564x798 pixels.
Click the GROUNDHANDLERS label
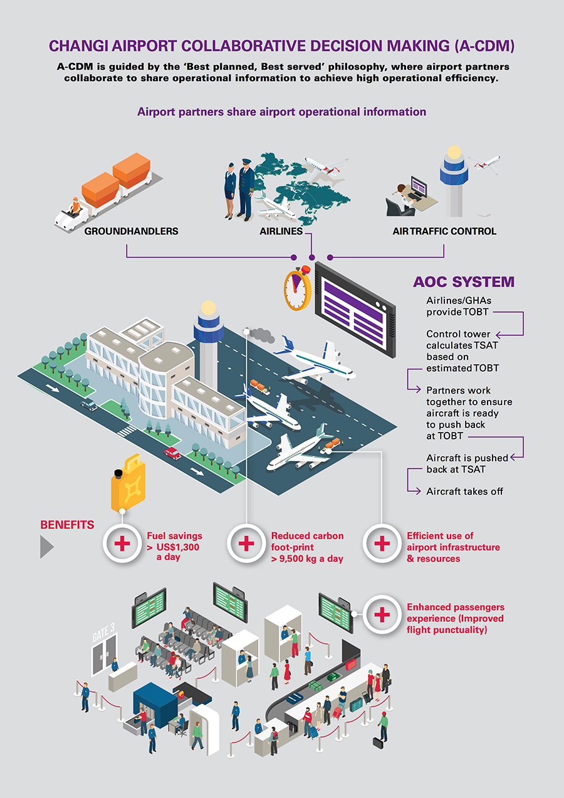pyautogui.click(x=131, y=231)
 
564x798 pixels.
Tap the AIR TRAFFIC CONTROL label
pyautogui.click(x=444, y=231)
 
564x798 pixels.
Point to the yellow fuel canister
pyautogui.click(x=127, y=482)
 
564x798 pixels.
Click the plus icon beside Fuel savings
pyautogui.click(x=123, y=543)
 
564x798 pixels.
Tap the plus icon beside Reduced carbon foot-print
pyautogui.click(x=246, y=543)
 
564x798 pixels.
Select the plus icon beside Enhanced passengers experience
pyautogui.click(x=382, y=615)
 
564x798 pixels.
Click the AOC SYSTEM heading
pyautogui.click(x=464, y=282)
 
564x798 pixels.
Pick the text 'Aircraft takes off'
pyautogui.click(x=464, y=491)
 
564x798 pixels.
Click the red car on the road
pyautogui.click(x=172, y=452)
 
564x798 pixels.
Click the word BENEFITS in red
pyautogui.click(x=67, y=525)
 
